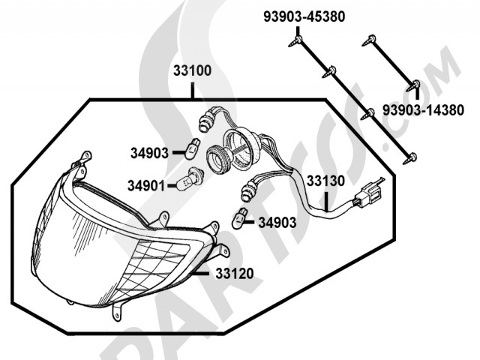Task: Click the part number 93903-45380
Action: click(x=304, y=15)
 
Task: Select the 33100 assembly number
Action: click(x=192, y=72)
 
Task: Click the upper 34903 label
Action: click(x=148, y=154)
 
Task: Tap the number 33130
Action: click(x=325, y=181)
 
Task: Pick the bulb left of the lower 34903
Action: click(x=241, y=217)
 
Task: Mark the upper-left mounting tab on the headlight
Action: click(x=85, y=157)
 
